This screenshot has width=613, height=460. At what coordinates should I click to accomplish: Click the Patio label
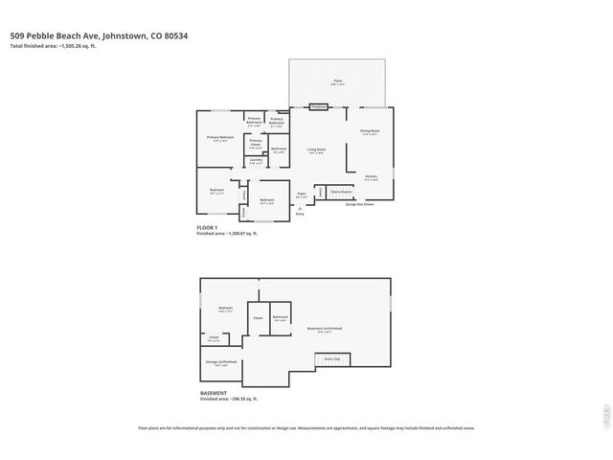pos(338,81)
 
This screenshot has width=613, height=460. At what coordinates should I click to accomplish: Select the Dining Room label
pos(370,131)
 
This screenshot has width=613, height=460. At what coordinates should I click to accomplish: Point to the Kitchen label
pos(371,176)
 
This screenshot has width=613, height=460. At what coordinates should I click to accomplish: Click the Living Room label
pos(316,149)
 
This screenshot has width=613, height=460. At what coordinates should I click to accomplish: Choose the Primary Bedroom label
pos(220,138)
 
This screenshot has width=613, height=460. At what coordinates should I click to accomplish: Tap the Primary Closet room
pos(256,146)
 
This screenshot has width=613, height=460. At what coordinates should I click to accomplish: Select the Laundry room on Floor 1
pos(256,163)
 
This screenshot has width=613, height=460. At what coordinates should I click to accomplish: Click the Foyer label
pos(301,195)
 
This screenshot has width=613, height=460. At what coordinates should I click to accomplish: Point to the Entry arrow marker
pos(300,213)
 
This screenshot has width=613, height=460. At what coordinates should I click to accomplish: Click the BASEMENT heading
pos(214,393)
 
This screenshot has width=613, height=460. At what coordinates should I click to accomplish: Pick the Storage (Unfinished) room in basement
pos(221,362)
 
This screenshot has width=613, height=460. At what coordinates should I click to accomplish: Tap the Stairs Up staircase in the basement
pos(329,359)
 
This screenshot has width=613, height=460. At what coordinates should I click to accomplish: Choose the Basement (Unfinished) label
pos(326,329)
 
